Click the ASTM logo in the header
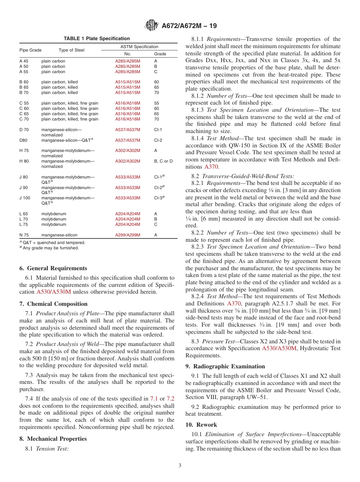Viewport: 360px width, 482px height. click(x=152, y=26)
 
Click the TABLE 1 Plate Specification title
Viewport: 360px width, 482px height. click(x=97, y=39)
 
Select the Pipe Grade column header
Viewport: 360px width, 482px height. click(x=30, y=50)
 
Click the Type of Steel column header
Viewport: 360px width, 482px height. click(x=72, y=50)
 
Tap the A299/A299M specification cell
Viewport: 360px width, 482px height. click(x=127, y=235)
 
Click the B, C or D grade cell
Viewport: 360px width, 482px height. click(x=163, y=161)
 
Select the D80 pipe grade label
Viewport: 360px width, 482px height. click(x=23, y=140)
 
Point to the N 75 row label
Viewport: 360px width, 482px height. click(x=24, y=235)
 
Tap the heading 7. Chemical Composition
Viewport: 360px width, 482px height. click(x=53, y=304)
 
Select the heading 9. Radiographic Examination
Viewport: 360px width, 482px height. click(x=225, y=366)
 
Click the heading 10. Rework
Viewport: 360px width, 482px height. click(x=201, y=425)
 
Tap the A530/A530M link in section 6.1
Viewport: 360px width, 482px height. click(x=53, y=292)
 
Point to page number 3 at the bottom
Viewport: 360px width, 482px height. click(x=180, y=466)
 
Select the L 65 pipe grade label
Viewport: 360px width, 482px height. click(x=23, y=214)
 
